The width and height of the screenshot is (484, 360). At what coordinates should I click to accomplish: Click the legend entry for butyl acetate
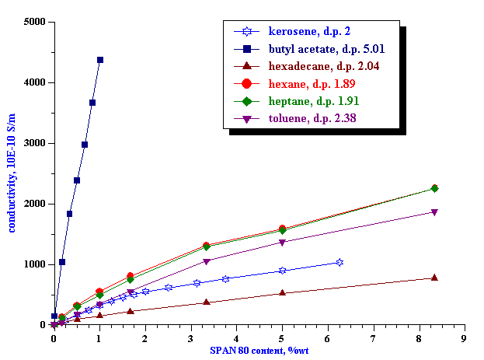pos(326,48)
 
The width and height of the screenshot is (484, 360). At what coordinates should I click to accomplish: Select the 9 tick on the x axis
pos(465,338)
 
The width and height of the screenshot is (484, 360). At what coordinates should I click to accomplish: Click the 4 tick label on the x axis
pos(236,338)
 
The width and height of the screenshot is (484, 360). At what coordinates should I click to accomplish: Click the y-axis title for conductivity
pos(12,173)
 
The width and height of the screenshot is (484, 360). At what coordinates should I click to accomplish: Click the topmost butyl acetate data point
pos(100,60)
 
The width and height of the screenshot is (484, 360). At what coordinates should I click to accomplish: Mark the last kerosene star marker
pos(339,263)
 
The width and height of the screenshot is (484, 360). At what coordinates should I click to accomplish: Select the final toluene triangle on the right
pos(434,212)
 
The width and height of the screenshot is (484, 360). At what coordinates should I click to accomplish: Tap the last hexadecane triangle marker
pos(434,278)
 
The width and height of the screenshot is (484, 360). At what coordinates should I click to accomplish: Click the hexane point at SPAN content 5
pos(282,229)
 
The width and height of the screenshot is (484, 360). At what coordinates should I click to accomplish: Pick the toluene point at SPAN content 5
pos(282,243)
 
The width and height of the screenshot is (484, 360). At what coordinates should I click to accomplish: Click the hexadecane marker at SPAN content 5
pos(282,293)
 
